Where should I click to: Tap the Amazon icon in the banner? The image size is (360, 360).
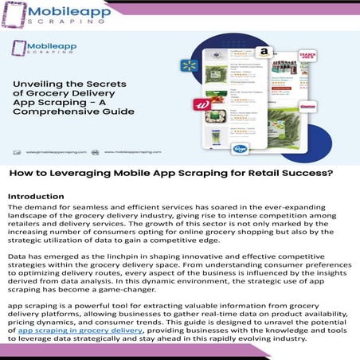(x=264, y=52)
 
